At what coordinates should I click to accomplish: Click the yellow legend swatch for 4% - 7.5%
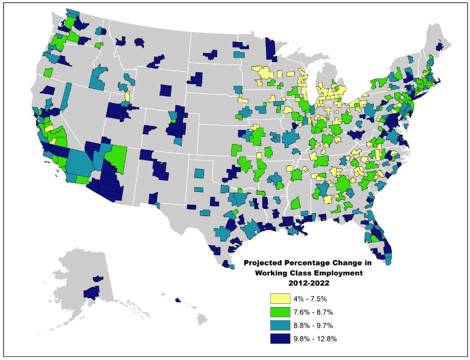coord(280,299)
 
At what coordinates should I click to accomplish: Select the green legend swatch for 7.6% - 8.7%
coord(280,312)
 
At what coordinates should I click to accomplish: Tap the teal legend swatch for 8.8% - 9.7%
coord(280,325)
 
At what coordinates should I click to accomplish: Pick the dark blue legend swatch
coord(280,338)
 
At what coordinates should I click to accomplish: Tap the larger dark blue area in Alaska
coord(91,293)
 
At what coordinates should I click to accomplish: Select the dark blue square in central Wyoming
coord(165,90)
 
